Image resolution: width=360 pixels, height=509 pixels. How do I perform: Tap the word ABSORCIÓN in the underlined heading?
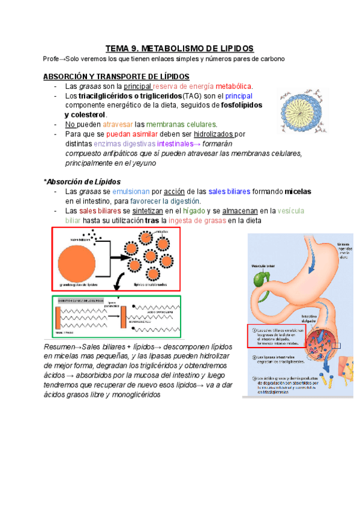(x=66, y=77)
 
